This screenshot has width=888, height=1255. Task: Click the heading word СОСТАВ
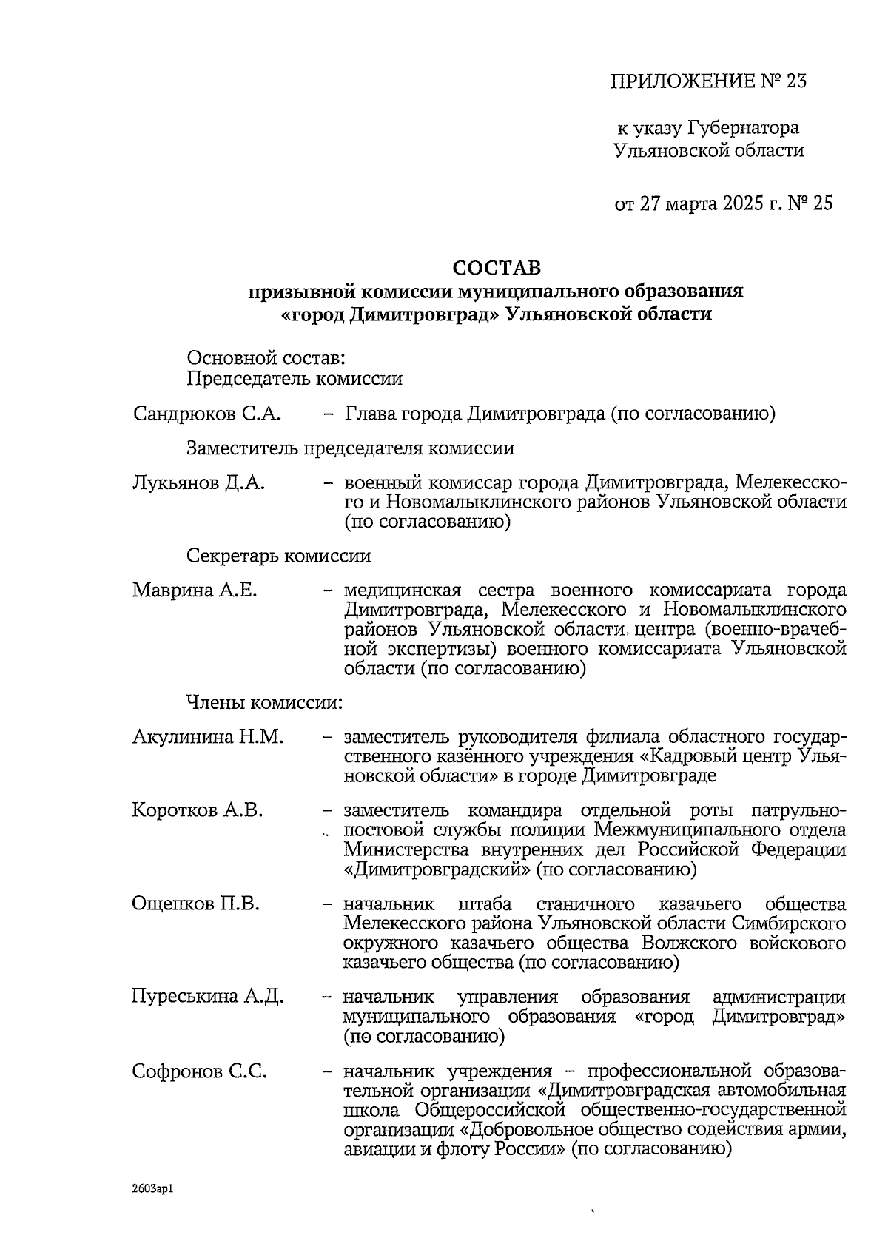497,266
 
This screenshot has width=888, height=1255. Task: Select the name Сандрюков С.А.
207,414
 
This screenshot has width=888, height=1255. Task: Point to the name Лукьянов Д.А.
199,484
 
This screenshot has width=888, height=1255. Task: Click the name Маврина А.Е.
195,591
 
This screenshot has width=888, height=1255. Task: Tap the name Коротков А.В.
198,810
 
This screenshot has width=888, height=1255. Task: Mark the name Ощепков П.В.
196,904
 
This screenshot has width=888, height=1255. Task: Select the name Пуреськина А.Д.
207,996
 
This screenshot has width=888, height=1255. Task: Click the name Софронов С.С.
200,1071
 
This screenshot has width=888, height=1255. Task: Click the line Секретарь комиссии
278,556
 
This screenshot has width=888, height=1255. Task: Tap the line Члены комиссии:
264,701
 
